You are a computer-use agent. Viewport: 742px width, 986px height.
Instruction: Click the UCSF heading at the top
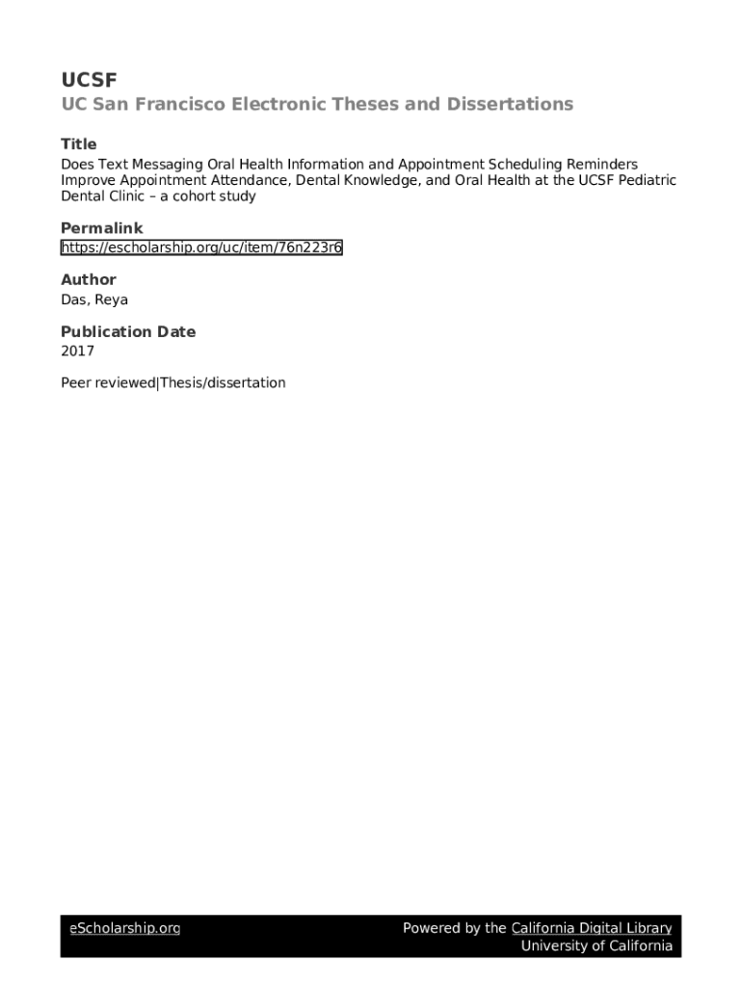[x=89, y=79]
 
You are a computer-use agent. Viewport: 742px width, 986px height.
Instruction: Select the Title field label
[x=78, y=144]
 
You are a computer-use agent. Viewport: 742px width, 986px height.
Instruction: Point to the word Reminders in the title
[x=596, y=165]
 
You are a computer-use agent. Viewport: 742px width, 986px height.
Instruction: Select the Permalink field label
[x=101, y=228]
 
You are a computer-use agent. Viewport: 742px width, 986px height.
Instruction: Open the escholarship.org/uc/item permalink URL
[x=201, y=248]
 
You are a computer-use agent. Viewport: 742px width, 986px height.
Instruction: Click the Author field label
[x=88, y=280]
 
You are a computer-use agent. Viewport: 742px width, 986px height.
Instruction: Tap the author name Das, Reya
[x=94, y=299]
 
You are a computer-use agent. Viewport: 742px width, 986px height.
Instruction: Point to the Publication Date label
[x=127, y=332]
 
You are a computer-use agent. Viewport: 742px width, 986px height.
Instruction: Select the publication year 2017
[x=77, y=351]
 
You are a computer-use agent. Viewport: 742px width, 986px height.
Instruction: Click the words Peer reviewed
[x=107, y=383]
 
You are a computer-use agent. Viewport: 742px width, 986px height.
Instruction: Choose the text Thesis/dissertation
[x=223, y=383]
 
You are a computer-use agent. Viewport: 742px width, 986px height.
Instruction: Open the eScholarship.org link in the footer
[x=124, y=928]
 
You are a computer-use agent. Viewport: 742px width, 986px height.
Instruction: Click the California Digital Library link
[x=591, y=928]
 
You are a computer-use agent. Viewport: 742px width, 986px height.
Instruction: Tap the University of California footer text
[x=596, y=946]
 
